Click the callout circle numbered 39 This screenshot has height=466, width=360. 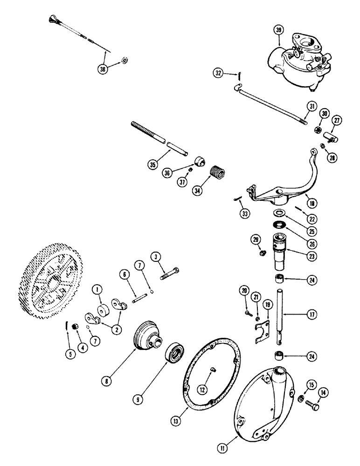point(278,31)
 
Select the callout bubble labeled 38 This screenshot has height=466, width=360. point(103,69)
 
